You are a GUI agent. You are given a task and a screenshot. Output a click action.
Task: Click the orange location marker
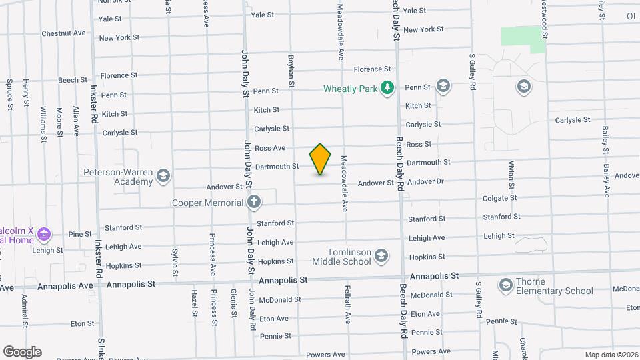[x=320, y=159]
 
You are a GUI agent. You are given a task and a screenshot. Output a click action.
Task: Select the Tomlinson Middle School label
[x=341, y=257]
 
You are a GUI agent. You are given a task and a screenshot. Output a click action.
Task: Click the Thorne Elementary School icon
[x=505, y=285]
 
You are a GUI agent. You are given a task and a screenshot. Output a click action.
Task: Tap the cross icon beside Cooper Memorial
[x=253, y=202]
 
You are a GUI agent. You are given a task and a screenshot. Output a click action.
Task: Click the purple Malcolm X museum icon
[x=44, y=234]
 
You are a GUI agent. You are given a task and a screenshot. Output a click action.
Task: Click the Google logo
[x=22, y=351]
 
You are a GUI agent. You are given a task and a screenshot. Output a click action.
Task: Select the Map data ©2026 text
[x=611, y=355]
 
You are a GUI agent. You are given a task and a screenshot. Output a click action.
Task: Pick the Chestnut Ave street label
[x=63, y=33]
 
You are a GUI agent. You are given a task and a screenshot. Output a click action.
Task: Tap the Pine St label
[x=79, y=234]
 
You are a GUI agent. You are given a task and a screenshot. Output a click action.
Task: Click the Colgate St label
[x=499, y=198]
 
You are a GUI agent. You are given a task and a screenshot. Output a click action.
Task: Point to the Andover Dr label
[x=425, y=181]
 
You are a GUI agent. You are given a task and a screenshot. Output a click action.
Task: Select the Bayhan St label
[x=291, y=71]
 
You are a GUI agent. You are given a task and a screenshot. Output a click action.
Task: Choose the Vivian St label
[x=511, y=175]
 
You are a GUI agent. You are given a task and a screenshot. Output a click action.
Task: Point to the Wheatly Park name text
[x=349, y=89]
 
